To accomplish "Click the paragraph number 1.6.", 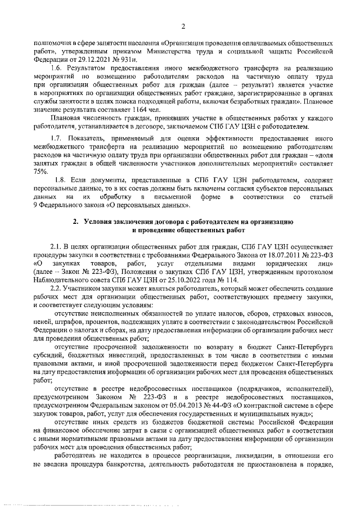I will pyautogui.click(x=57, y=69).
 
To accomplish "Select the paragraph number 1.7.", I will pyautogui.click(x=57, y=138).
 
